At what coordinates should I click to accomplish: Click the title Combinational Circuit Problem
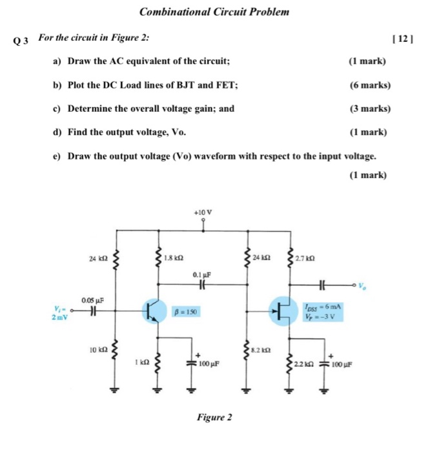214,12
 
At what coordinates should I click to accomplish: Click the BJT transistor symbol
154,312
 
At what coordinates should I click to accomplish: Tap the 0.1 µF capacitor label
201,274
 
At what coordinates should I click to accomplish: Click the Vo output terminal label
364,285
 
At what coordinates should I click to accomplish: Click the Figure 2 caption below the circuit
214,417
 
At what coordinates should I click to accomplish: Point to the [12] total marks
400,39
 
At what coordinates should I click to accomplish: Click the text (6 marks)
369,85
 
